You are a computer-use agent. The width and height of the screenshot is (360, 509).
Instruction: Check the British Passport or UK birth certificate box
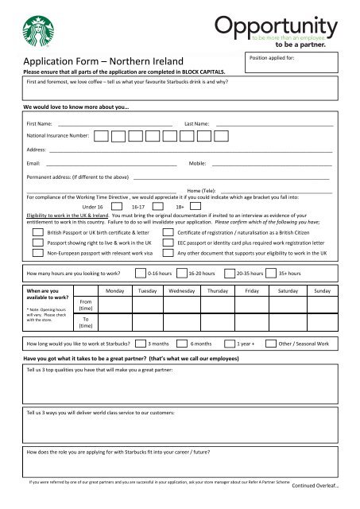click(x=37, y=231)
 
